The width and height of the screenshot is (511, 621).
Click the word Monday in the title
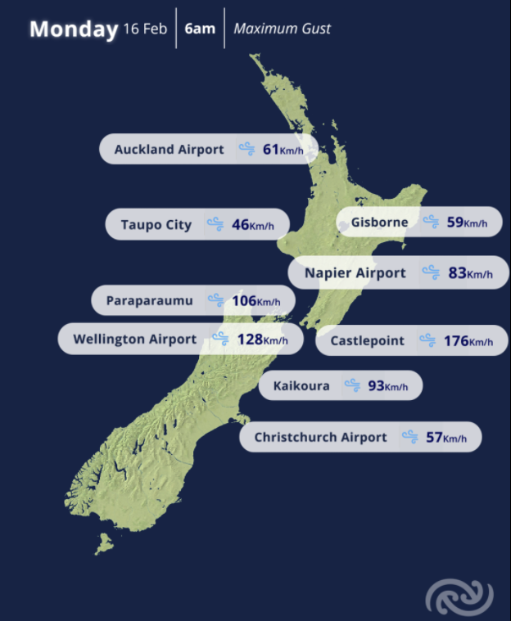tap(74, 29)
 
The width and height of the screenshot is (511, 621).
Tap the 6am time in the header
tap(200, 29)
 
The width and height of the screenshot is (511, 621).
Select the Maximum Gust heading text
tap(283, 29)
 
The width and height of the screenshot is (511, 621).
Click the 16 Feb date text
tap(145, 29)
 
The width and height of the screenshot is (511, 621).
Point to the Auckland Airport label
tap(169, 150)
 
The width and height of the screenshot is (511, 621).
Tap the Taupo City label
tap(156, 225)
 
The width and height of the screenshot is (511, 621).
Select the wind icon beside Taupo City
tap(215, 224)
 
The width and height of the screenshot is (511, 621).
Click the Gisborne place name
tap(379, 222)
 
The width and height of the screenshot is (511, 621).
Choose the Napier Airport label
tap(355, 273)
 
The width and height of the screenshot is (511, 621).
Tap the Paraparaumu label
tap(150, 301)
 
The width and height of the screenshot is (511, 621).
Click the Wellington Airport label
tap(134, 339)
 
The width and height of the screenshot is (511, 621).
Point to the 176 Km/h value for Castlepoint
tap(468, 340)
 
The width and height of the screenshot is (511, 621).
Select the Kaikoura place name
tap(301, 385)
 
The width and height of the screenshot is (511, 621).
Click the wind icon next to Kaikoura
tap(352, 385)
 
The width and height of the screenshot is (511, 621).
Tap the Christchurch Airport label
tap(320, 437)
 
